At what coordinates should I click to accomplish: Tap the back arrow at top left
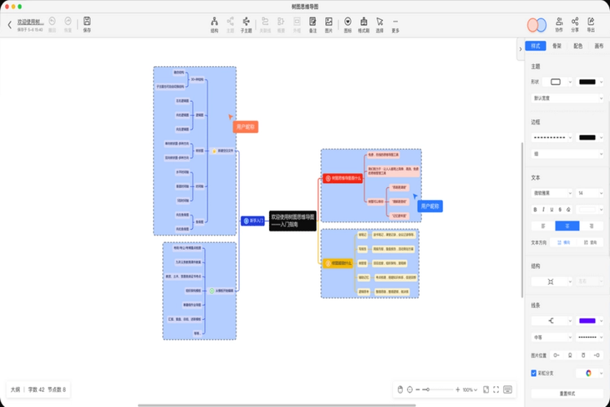[x=10, y=24]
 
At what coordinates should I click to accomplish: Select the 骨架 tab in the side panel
[x=557, y=46]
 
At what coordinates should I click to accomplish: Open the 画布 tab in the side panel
[x=599, y=46]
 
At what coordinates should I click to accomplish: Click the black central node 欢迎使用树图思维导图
[x=293, y=220]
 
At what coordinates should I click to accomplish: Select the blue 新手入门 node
[x=252, y=220]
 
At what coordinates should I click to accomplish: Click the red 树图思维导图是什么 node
[x=343, y=177]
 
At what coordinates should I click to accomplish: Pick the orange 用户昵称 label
[x=246, y=127]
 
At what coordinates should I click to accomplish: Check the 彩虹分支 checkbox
[x=534, y=373]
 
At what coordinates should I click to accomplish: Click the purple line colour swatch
[x=587, y=321]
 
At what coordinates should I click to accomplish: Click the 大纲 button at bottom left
[x=15, y=389]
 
